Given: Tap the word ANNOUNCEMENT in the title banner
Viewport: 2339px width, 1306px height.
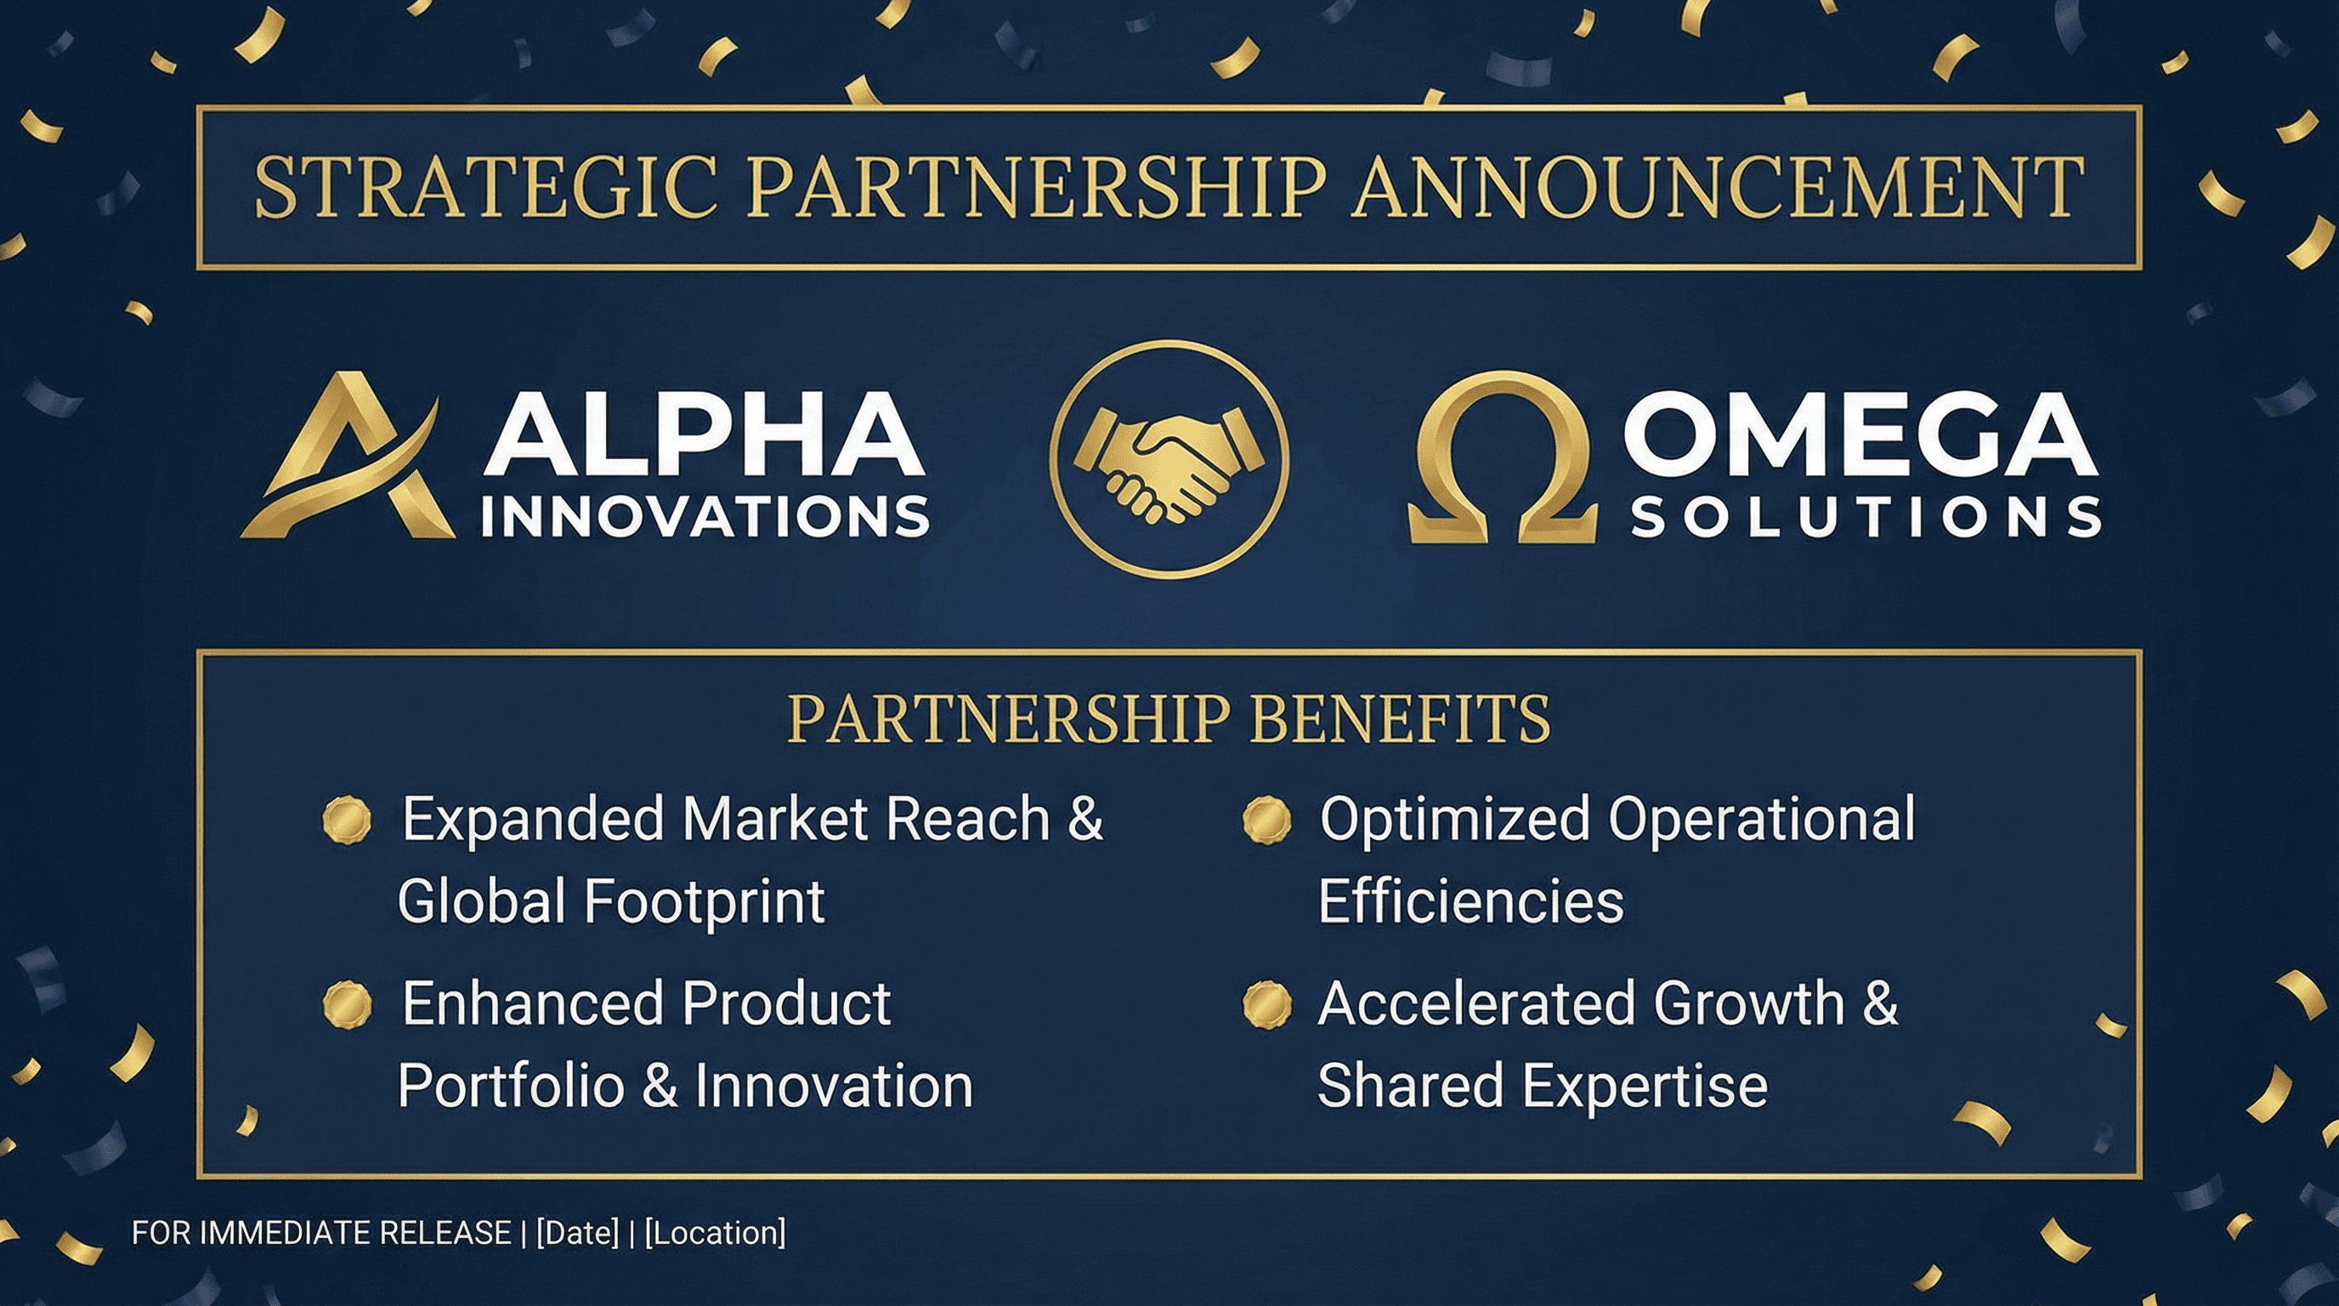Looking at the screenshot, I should click(1716, 187).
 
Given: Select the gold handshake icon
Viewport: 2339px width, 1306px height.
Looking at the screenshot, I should click(1169, 459).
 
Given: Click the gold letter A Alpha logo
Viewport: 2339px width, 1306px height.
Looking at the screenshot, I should click(349, 458).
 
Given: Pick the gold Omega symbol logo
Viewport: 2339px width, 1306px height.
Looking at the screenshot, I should click(1503, 458).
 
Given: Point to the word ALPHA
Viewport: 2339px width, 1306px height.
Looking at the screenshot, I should click(705, 434).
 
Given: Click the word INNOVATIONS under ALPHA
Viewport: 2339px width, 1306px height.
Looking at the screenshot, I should click(705, 517).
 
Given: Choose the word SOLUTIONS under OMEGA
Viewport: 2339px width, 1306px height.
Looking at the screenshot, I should click(1866, 518).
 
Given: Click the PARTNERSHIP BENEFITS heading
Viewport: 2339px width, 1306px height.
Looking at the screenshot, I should click(1169, 718).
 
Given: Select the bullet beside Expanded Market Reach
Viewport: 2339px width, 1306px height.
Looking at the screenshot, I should click(348, 821).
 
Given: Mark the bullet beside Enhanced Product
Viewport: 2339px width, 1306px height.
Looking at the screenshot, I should click(348, 1004).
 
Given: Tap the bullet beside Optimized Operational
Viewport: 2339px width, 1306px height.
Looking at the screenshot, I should click(1266, 821).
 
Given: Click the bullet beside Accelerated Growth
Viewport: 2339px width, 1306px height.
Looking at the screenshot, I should click(1266, 1004).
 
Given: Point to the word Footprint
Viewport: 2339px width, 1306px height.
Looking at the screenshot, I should click(705, 901).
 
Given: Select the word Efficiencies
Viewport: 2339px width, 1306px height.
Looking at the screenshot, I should click(1471, 901).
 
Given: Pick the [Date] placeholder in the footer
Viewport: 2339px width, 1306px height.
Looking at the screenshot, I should click(577, 1232).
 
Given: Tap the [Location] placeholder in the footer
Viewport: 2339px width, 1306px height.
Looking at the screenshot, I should click(716, 1232).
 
